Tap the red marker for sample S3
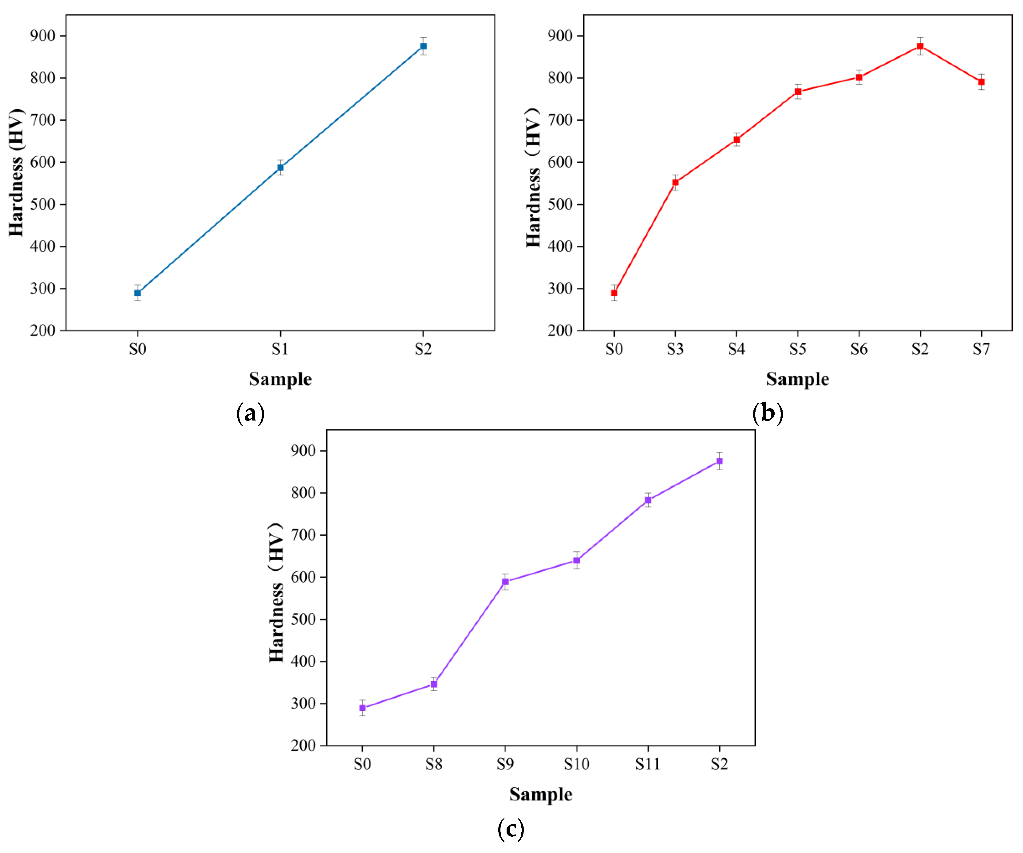675,183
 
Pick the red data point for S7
982,82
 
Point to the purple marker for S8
433,684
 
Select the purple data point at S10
577,560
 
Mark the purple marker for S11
648,500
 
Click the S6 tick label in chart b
859,349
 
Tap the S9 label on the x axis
505,764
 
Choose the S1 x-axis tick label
280,349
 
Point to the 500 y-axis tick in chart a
42,204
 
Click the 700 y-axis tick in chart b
560,120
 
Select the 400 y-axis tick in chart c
303,661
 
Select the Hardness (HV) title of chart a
16,172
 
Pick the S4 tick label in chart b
736,349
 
